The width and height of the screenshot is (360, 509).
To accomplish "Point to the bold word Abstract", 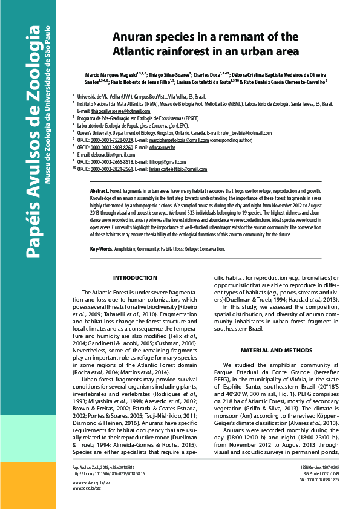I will point(101,190).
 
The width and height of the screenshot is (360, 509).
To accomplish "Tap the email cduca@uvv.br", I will point(163,147).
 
